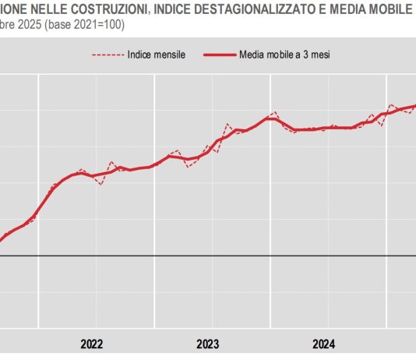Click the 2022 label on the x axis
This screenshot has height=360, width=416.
(x=92, y=344)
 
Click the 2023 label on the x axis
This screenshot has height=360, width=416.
(x=208, y=344)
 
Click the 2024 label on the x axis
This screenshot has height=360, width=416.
(x=324, y=344)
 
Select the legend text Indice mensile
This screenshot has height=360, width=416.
(x=155, y=55)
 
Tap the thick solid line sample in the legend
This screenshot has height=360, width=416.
(x=220, y=55)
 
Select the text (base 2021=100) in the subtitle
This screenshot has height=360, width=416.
(x=80, y=24)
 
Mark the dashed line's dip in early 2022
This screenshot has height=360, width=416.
(x=100, y=185)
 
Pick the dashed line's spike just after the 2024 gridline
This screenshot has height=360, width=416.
(x=391, y=105)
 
